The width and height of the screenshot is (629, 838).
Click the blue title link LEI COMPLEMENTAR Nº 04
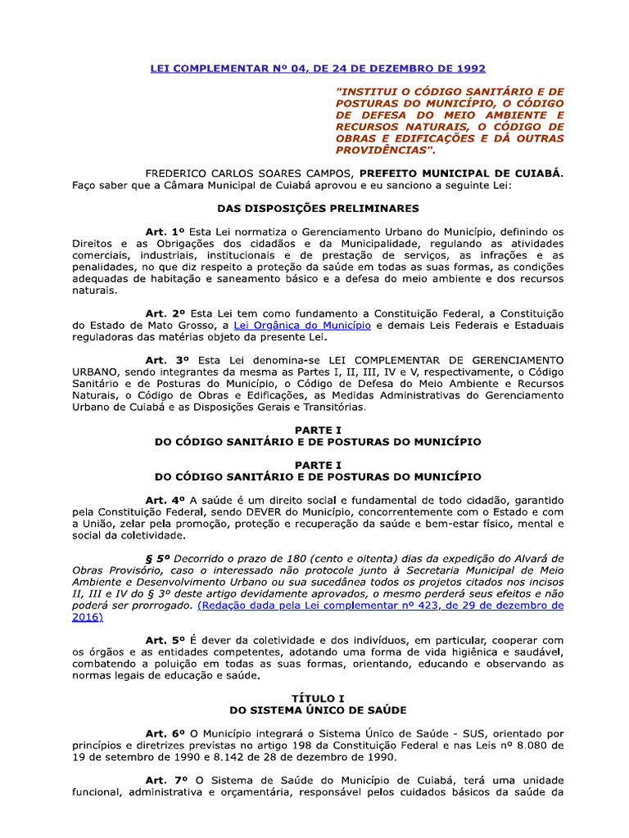coord(317,68)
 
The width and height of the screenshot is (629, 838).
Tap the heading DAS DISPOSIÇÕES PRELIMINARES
coord(318,209)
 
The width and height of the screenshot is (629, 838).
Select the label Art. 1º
coord(166,232)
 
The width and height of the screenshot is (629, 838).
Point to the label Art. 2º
coord(166,314)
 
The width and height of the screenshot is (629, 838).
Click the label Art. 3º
coord(166,360)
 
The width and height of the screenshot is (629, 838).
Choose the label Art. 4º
coord(166,500)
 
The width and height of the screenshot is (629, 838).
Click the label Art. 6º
coord(166,734)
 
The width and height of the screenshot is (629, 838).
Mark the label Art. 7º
coord(166,781)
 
